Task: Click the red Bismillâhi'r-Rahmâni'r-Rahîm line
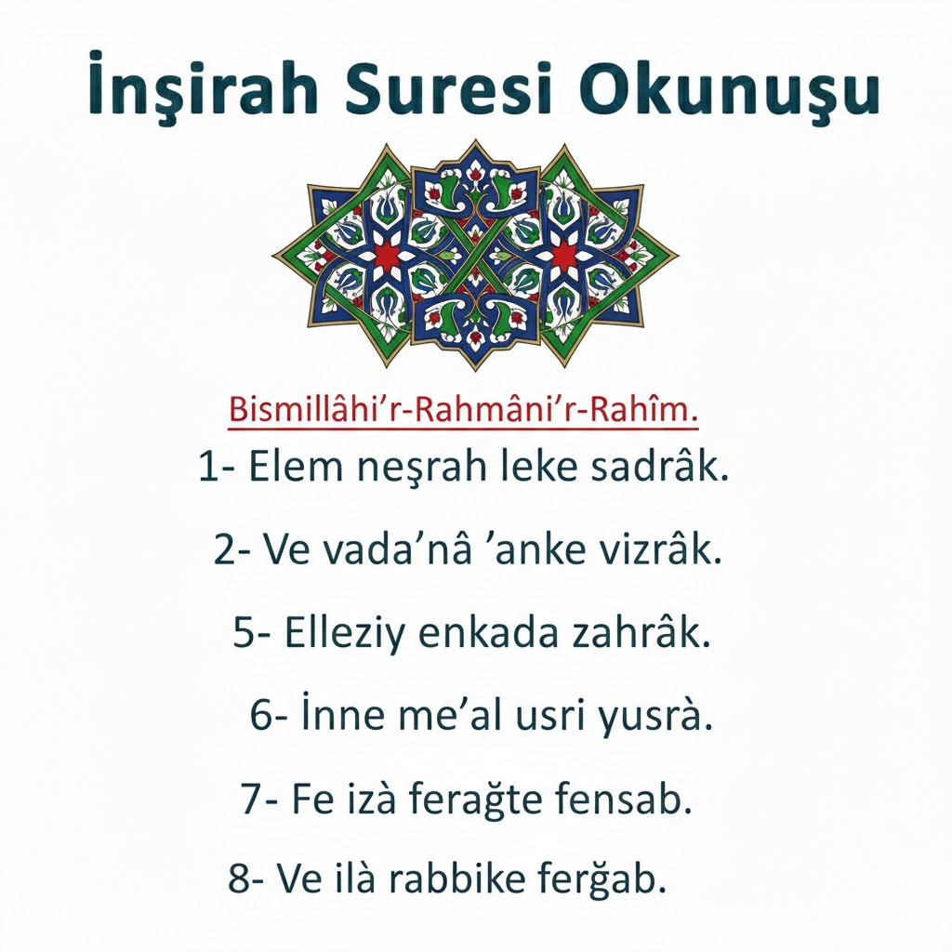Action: (463, 409)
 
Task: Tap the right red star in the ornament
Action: (563, 252)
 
